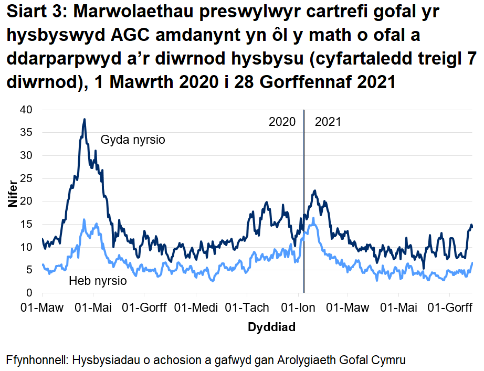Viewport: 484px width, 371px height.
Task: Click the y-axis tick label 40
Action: [26, 110]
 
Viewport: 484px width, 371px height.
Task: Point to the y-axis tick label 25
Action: [26, 178]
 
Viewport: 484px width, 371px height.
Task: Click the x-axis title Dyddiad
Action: [271, 327]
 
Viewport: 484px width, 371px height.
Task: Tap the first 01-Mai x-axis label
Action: [93, 308]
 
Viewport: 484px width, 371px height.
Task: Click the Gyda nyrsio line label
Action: [133, 140]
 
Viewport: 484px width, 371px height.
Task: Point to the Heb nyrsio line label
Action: [98, 281]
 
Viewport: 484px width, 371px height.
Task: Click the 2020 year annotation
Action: [282, 122]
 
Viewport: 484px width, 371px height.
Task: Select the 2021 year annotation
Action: [328, 122]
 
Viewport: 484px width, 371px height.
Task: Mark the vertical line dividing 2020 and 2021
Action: [303, 210]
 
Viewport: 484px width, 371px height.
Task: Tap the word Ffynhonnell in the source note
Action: [36, 361]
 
